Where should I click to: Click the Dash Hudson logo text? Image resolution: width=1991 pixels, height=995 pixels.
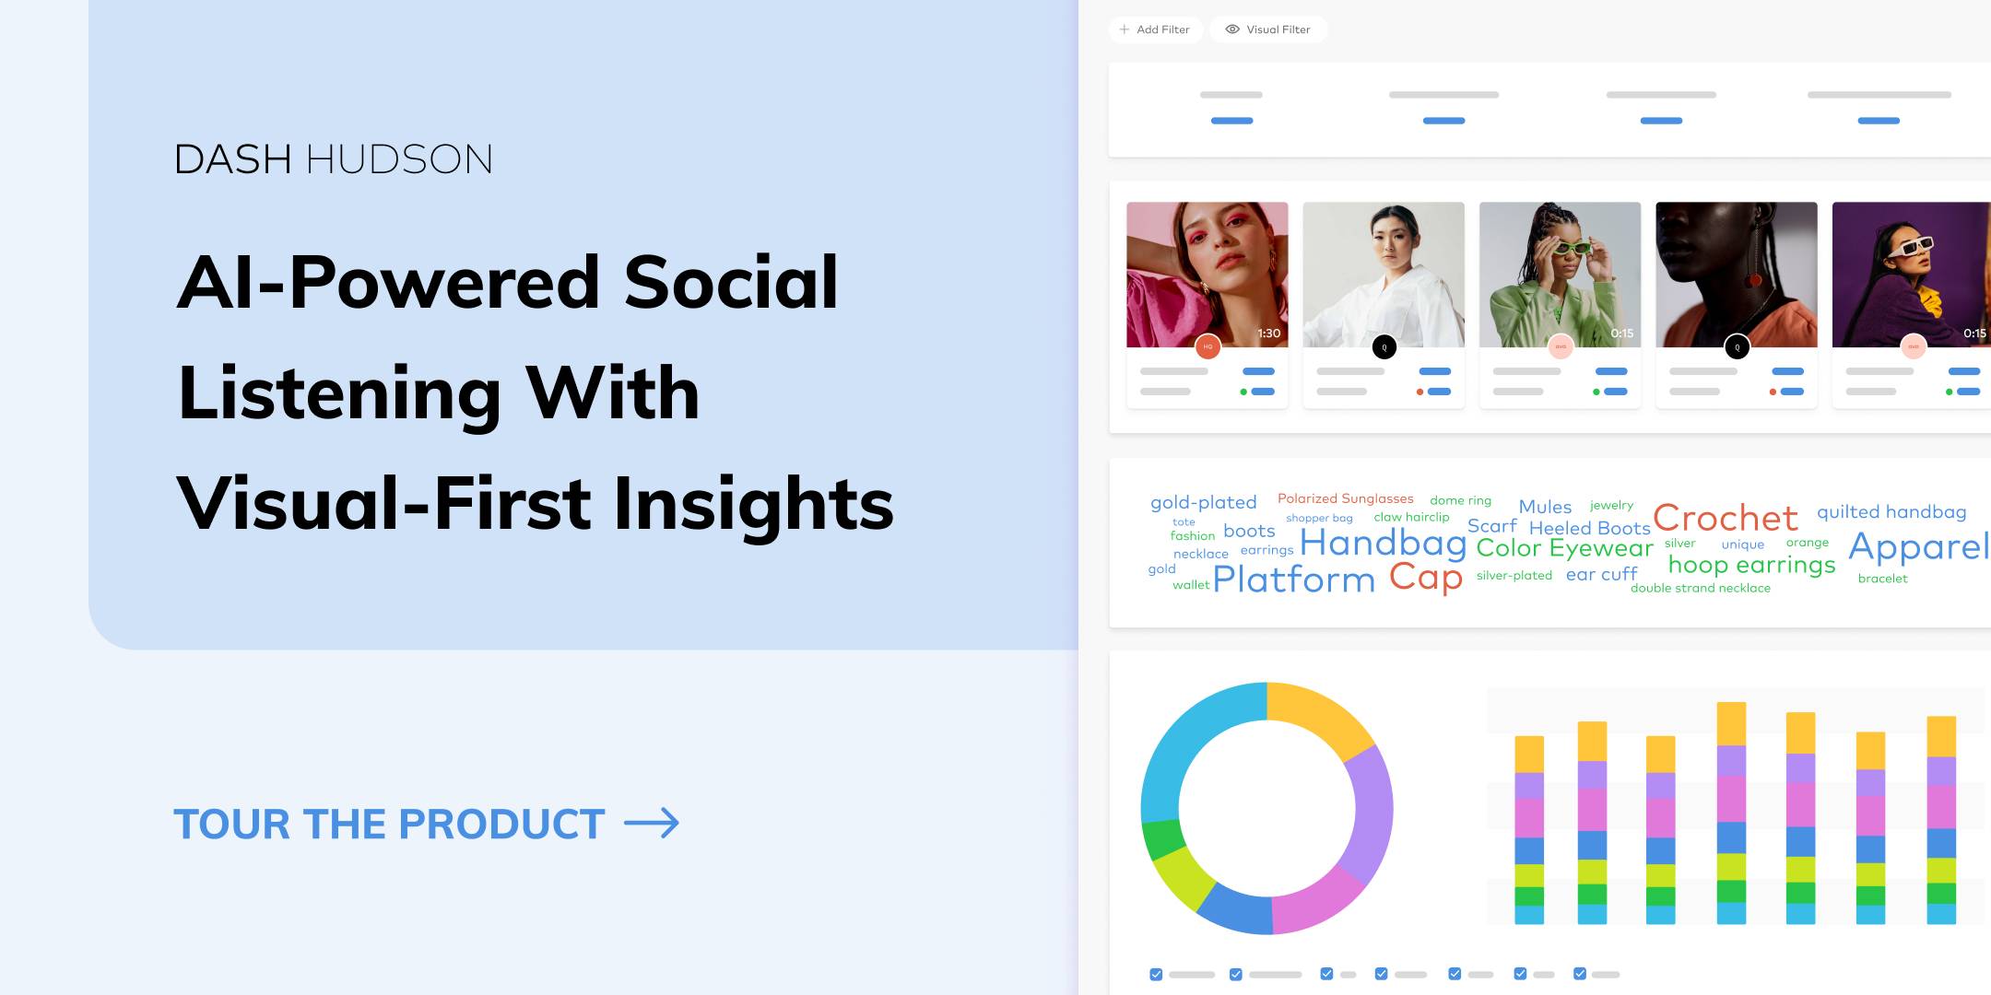(x=333, y=159)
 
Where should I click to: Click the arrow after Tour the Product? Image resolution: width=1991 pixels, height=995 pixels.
(x=652, y=823)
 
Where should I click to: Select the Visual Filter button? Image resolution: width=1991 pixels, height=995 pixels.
(x=1268, y=29)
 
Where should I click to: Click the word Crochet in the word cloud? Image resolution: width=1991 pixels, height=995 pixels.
(x=1725, y=518)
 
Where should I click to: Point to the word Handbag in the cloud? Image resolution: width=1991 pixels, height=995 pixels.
(x=1383, y=544)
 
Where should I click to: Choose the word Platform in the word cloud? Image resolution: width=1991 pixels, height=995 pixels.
(x=1293, y=579)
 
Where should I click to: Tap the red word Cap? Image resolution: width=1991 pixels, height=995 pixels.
(x=1425, y=579)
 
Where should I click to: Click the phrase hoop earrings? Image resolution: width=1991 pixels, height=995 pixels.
(x=1751, y=565)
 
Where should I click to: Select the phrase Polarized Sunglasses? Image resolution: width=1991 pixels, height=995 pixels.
(x=1345, y=498)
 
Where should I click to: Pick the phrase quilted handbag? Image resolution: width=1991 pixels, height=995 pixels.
(x=1891, y=511)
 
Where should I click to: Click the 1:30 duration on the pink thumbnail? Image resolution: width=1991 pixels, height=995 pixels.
(x=1269, y=334)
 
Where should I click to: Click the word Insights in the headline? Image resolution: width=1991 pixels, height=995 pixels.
(x=753, y=504)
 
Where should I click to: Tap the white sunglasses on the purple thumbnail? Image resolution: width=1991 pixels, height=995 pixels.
(x=1910, y=247)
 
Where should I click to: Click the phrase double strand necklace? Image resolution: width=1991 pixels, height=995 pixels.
(x=1701, y=588)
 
